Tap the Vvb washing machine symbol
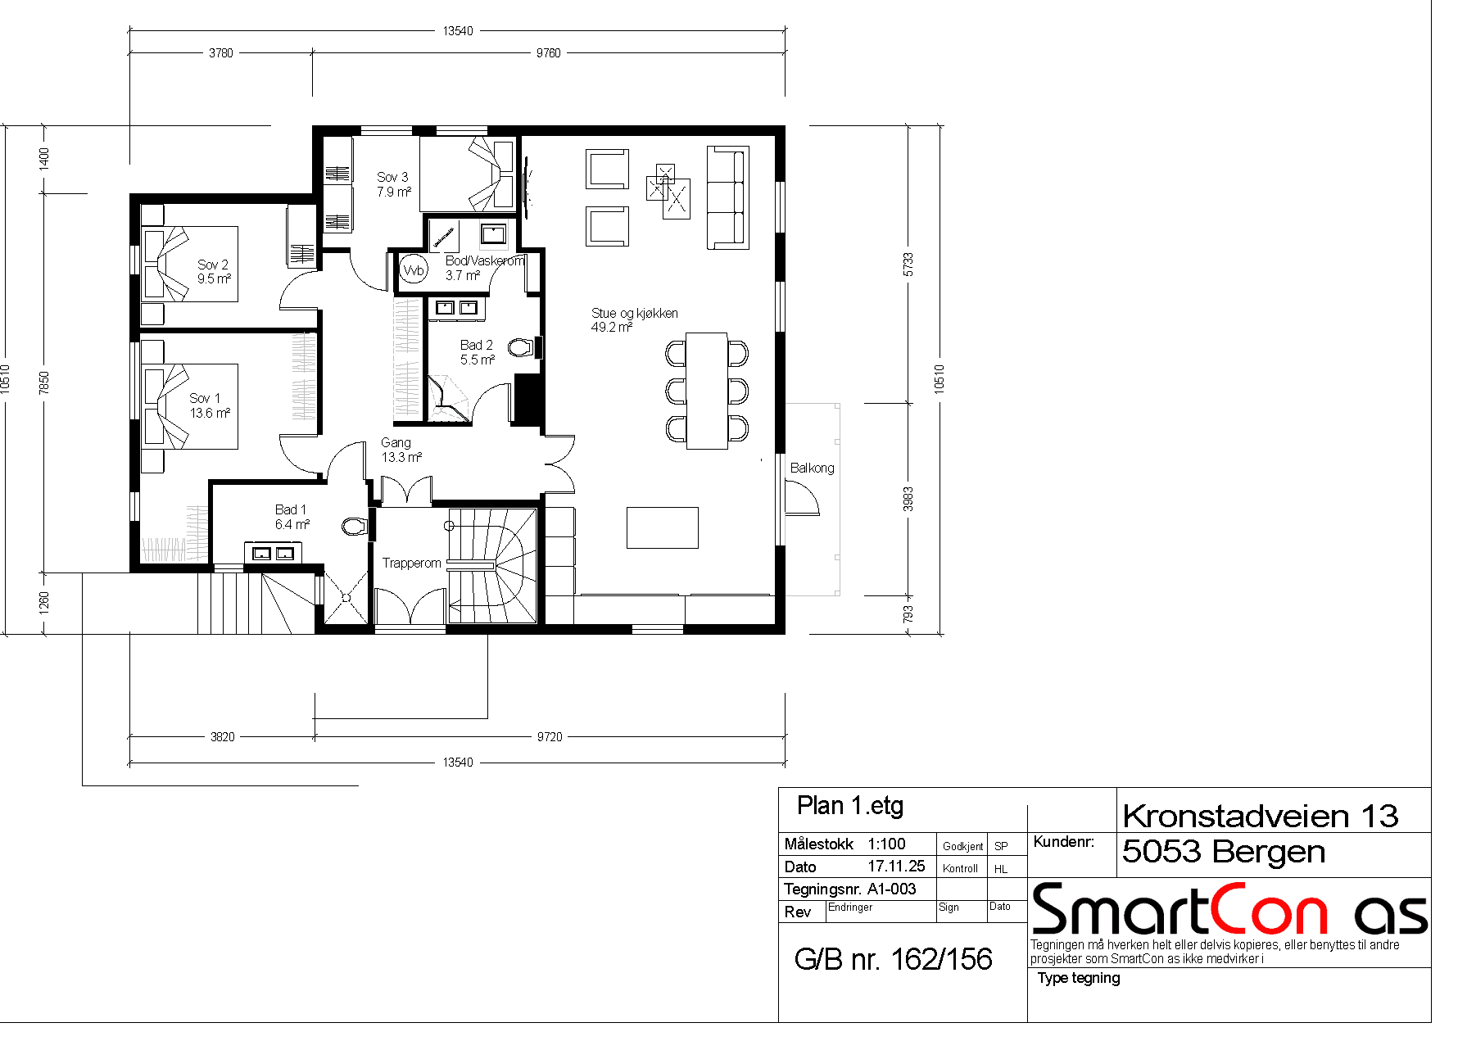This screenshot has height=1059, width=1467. tap(414, 269)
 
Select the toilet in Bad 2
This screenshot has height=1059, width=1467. tap(521, 347)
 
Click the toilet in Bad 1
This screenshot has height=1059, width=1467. tap(355, 525)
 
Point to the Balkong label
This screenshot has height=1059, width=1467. tap(812, 468)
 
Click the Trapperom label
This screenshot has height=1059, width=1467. tap(411, 563)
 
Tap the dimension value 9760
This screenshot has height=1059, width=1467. tap(549, 53)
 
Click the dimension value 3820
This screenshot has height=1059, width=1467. tap(223, 737)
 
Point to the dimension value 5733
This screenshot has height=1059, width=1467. tap(908, 264)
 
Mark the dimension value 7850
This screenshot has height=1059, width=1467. tap(44, 382)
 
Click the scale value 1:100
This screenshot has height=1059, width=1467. tap(887, 844)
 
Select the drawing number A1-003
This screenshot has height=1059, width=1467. tap(892, 889)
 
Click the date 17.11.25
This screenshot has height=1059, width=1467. tap(896, 866)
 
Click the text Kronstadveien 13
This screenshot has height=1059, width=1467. tap(1261, 816)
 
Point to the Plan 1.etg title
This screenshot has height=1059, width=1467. tap(850, 806)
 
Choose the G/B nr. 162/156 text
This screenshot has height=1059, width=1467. tap(893, 959)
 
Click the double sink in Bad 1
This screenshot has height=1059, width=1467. tap(273, 553)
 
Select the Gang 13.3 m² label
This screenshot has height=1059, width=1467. tap(401, 450)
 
